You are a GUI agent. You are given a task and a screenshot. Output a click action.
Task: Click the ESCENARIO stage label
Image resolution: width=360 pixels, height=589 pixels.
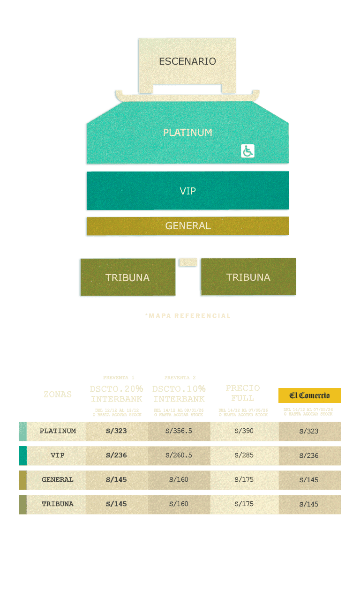coord(187,61)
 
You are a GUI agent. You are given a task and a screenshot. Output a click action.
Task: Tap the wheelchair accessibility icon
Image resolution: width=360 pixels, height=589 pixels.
coord(247,151)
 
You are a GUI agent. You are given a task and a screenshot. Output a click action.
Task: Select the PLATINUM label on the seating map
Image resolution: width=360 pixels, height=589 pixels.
coord(187,133)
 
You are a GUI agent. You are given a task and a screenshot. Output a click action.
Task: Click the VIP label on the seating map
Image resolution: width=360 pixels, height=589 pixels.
coord(187,191)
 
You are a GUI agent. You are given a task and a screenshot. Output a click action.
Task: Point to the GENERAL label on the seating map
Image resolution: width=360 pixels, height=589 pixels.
coord(187,226)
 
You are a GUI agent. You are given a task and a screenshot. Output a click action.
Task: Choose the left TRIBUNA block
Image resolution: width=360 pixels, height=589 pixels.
coord(127,277)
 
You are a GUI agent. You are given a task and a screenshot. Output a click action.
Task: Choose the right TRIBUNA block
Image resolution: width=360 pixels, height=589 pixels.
coord(248,277)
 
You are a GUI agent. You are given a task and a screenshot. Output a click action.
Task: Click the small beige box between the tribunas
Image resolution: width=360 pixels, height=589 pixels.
coord(188,262)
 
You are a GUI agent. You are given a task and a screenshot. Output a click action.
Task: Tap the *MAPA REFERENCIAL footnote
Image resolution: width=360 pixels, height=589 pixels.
coord(187,316)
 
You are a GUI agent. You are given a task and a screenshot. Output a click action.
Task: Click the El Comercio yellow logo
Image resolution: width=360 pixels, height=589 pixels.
coord(309,395)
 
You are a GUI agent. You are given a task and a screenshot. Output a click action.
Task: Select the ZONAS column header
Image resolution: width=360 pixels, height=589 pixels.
coord(58,395)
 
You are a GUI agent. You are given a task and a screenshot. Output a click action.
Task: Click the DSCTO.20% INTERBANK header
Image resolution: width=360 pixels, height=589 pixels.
coord(117,394)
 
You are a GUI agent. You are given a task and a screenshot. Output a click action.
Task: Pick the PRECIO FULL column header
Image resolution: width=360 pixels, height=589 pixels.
coord(242,393)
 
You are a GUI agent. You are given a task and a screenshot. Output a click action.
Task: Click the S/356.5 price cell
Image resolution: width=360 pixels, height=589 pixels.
coord(179,431)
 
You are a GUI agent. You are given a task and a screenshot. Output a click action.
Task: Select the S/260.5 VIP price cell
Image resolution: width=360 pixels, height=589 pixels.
coord(179,455)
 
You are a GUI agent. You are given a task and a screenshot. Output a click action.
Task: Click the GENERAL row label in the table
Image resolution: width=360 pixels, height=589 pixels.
coord(58,480)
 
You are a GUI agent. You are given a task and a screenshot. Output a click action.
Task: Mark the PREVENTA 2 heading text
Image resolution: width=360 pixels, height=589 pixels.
coord(180,378)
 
